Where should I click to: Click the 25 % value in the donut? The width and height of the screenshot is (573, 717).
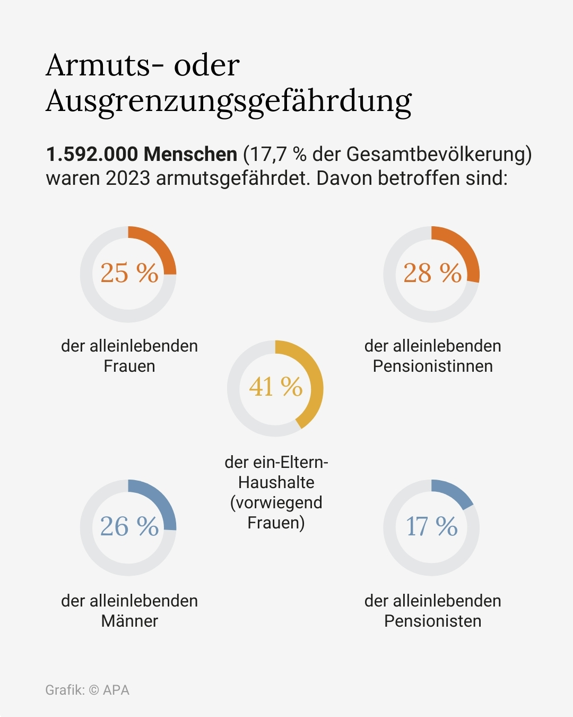(x=129, y=273)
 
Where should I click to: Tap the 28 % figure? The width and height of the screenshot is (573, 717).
(x=432, y=273)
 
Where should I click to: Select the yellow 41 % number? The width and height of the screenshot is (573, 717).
(x=275, y=387)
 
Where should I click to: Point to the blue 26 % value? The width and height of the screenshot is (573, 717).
(x=129, y=526)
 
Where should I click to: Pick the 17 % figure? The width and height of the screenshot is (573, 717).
(x=432, y=526)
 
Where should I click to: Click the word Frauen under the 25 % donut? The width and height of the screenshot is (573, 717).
(x=129, y=366)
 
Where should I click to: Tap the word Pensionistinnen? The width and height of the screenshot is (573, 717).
(x=432, y=366)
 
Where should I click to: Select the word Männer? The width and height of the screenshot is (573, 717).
(x=129, y=621)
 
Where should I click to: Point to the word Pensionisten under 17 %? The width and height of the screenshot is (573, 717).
(x=432, y=621)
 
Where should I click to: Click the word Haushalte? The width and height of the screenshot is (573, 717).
(x=276, y=482)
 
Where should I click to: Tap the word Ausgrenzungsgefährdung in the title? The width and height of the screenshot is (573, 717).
(x=229, y=101)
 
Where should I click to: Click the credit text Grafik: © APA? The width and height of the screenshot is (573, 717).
(x=87, y=690)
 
